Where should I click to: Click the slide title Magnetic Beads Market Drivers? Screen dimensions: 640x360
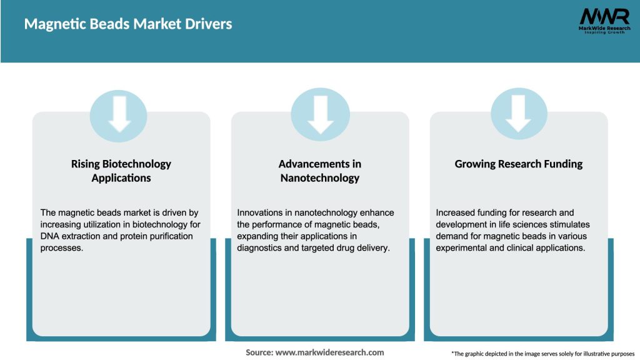128,24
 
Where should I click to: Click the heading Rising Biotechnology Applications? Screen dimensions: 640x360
121,171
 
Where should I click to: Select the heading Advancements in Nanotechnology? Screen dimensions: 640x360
320,171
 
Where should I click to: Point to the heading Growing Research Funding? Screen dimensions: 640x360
519,164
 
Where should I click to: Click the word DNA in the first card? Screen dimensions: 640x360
51,236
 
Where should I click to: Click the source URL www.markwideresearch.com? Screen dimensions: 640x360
329,352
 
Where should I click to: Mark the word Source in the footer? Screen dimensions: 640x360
258,352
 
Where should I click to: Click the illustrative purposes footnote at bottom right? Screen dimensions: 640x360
542,354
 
